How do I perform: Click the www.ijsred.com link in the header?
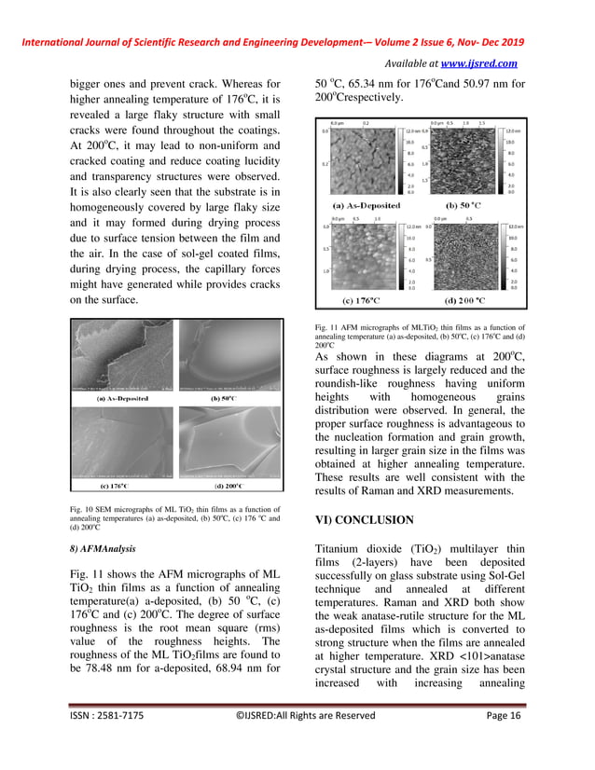tap(480, 63)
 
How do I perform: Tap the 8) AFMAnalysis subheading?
tap(104, 549)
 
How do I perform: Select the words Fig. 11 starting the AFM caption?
tap(330, 327)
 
